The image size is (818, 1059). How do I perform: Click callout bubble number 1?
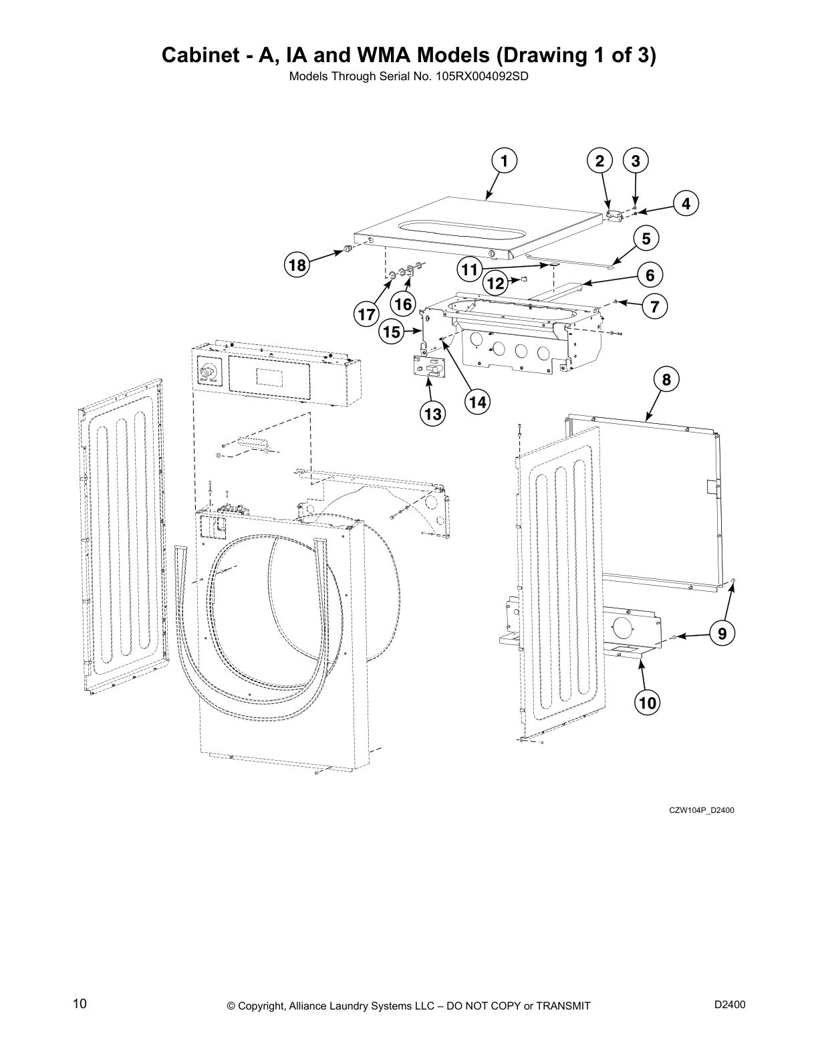(505, 161)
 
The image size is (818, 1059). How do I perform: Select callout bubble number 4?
(686, 203)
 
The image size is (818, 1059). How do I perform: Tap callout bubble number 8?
(666, 380)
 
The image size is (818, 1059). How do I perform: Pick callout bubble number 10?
(647, 703)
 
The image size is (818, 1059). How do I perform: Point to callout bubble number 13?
(432, 414)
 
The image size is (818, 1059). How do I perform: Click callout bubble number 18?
(297, 265)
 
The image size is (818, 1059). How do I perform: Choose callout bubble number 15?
(392, 331)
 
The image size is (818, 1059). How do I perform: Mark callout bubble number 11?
(470, 269)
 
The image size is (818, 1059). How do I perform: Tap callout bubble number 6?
(650, 274)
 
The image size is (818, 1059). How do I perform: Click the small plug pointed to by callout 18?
(348, 249)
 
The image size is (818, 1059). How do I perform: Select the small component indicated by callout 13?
(428, 368)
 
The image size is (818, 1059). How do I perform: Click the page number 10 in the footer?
(80, 1004)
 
